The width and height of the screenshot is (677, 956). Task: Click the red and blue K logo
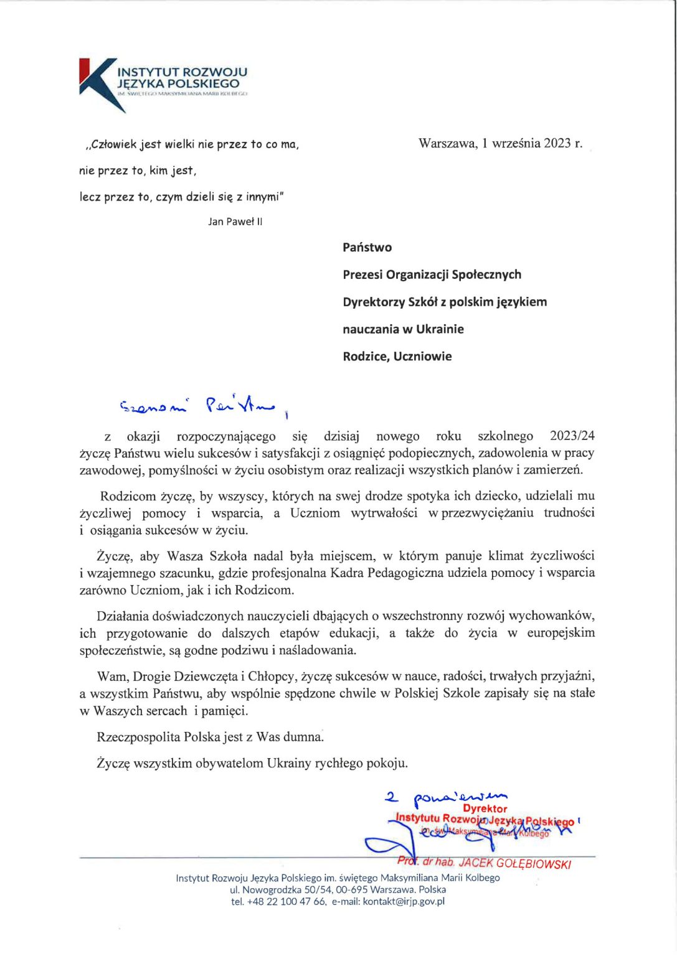(100, 83)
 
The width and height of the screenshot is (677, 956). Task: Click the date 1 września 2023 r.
(533, 143)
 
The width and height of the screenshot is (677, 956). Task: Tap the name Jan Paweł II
(235, 222)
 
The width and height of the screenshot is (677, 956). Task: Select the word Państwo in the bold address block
(367, 247)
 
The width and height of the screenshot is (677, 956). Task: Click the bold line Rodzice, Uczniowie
(397, 357)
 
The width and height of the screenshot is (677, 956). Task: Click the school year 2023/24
(572, 436)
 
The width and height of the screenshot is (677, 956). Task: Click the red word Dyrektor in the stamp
(485, 808)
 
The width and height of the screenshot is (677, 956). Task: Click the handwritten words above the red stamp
(447, 796)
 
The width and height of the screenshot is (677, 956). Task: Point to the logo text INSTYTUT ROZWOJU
(182, 72)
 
